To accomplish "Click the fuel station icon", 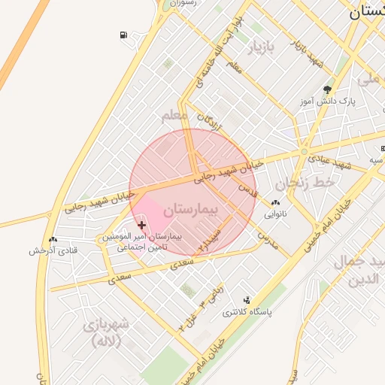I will (123, 35).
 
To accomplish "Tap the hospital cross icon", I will (142, 225).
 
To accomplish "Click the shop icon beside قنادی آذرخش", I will (53, 239).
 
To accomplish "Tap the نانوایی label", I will (275, 214).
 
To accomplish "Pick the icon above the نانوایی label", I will (275, 202).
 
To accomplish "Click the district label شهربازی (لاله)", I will (103, 332).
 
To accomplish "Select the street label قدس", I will (248, 192).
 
